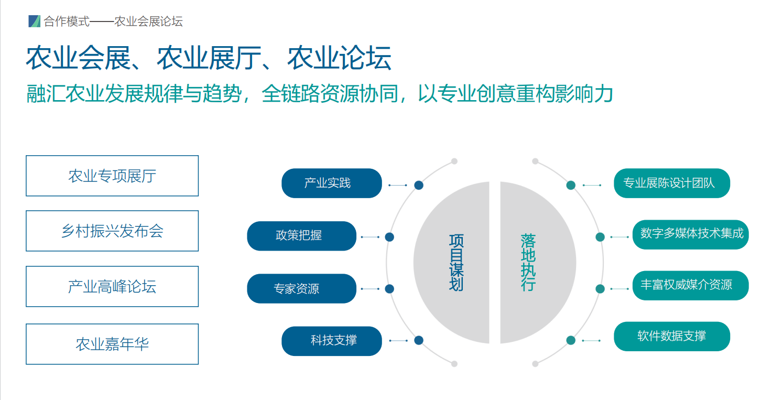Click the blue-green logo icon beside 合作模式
[35, 21]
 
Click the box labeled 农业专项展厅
[112, 176]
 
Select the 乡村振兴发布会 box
[112, 231]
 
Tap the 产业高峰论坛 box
[112, 286]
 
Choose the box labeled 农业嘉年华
[112, 344]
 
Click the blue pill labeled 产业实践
[331, 183]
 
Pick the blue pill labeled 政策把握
[301, 236]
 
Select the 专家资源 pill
[301, 288]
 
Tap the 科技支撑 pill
[331, 341]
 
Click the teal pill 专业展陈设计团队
[671, 183]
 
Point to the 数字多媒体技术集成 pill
[690, 234]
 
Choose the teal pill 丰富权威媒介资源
[690, 285]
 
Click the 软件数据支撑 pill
[671, 336]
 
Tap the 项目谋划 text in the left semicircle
[456, 262]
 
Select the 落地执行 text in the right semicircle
[528, 262]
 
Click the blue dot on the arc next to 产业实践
[419, 185]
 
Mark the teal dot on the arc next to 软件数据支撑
[571, 340]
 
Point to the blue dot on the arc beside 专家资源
[389, 289]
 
